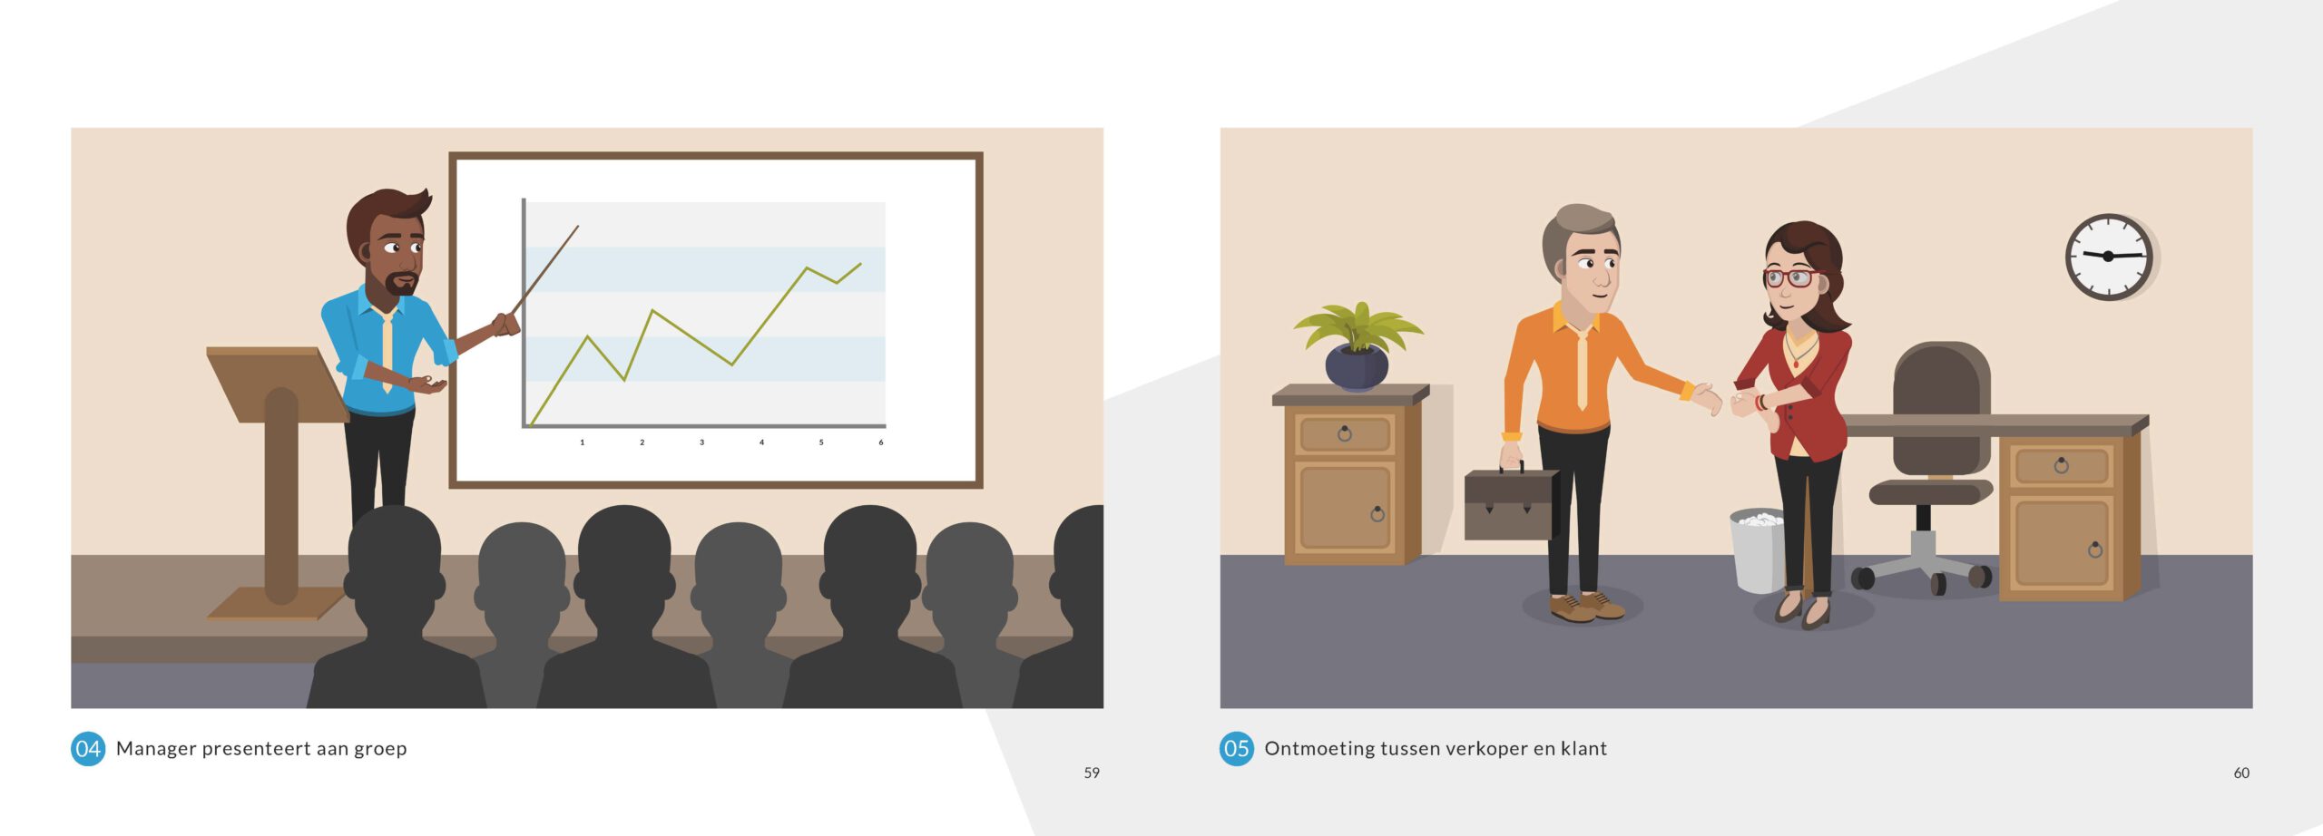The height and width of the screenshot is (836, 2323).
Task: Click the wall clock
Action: click(2109, 257)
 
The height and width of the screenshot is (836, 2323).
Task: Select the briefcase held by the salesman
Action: click(1511, 503)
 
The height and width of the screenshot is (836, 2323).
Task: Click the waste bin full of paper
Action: click(1758, 550)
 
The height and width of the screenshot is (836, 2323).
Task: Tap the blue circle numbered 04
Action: click(88, 749)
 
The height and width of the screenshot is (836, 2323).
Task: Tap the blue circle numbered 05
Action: click(1236, 749)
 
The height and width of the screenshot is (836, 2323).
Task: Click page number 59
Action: click(1092, 773)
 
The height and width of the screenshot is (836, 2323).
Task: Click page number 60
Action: click(2241, 773)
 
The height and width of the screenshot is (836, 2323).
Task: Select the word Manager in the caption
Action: click(156, 749)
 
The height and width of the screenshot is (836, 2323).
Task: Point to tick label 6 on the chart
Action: click(880, 442)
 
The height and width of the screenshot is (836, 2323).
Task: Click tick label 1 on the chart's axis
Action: click(582, 442)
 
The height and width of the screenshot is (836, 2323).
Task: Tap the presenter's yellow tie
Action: click(387, 350)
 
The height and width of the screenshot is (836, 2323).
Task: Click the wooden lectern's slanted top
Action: click(278, 384)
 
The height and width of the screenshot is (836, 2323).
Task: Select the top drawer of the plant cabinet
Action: click(1345, 434)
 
